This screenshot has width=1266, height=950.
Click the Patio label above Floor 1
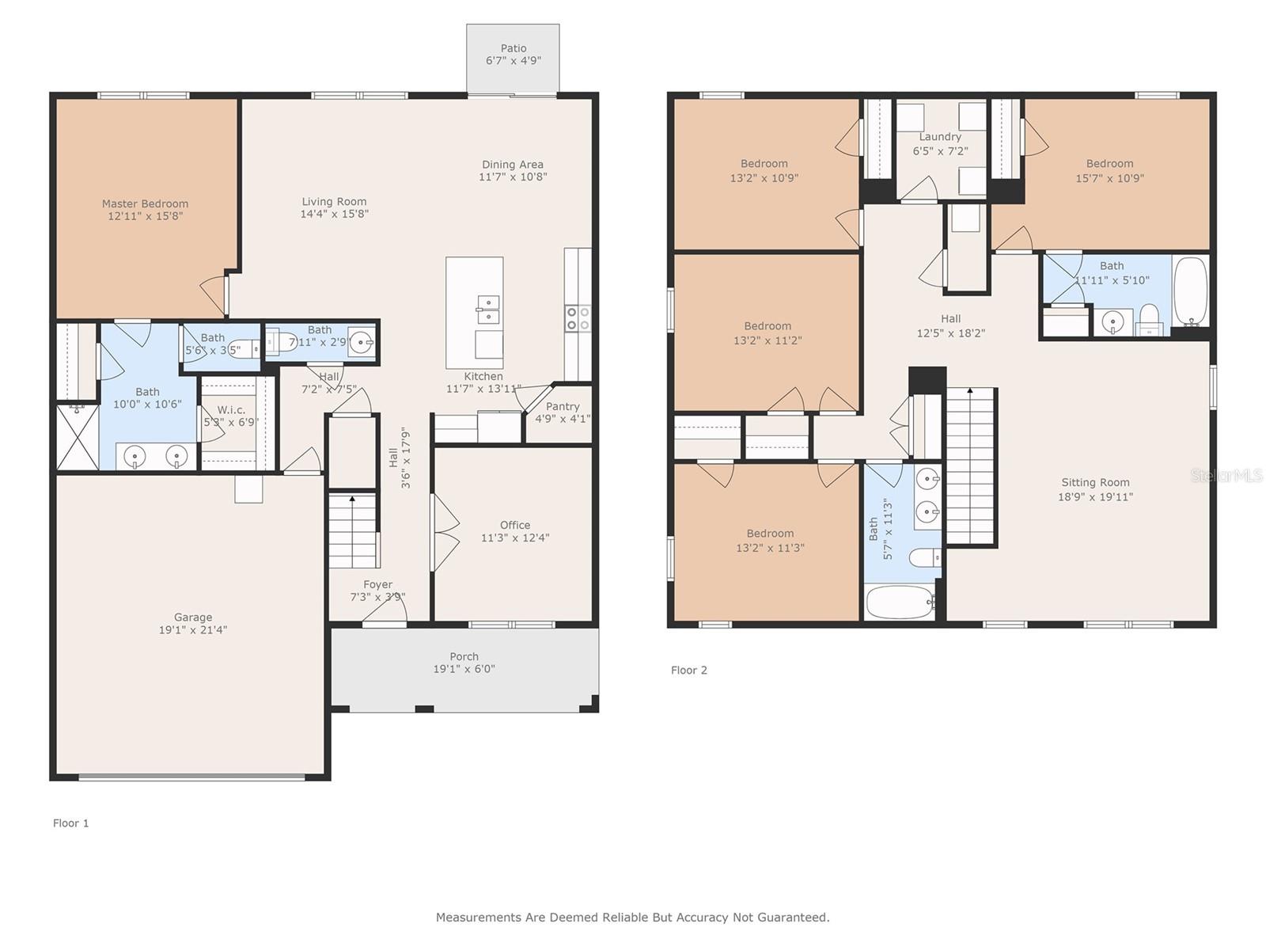(513, 48)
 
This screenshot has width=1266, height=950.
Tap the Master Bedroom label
(145, 203)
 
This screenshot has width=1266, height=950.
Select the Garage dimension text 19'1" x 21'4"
(192, 630)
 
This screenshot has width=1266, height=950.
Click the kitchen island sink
(488, 310)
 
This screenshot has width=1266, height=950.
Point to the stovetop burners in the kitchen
(578, 318)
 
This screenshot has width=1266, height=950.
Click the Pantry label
(563, 406)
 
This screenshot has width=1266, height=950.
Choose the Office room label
(514, 525)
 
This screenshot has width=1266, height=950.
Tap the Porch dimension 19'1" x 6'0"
(464, 669)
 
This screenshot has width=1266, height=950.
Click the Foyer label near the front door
(377, 584)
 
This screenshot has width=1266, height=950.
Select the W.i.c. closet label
(231, 409)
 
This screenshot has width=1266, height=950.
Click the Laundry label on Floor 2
(939, 137)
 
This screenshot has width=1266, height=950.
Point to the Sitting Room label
(1095, 482)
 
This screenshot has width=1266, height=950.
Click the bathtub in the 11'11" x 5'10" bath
(1191, 291)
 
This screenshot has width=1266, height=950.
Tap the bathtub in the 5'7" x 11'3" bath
(900, 602)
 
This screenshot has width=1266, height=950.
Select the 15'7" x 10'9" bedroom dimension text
(1109, 178)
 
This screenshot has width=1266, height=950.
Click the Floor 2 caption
(688, 671)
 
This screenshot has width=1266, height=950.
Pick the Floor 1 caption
(71, 823)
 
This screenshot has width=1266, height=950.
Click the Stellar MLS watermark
(1226, 475)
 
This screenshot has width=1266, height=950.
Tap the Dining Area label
(512, 165)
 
